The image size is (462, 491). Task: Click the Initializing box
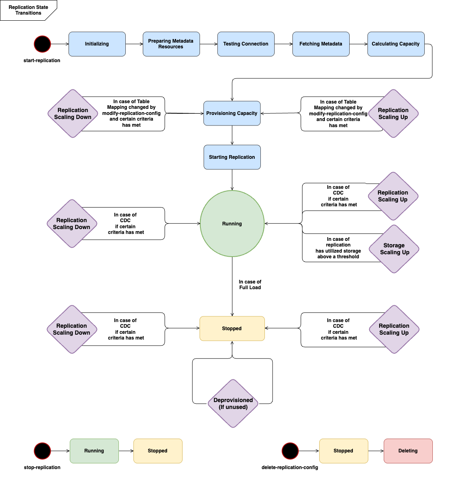(x=97, y=44)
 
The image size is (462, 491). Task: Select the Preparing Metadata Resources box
(x=171, y=44)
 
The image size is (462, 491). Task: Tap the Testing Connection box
(x=246, y=44)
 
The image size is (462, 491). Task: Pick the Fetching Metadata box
(x=321, y=44)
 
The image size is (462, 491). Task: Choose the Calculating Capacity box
(x=396, y=44)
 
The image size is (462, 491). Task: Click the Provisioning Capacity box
(x=232, y=113)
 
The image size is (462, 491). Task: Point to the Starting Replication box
(x=232, y=157)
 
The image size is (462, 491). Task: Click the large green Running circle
(x=232, y=223)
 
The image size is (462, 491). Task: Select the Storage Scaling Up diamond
(x=394, y=249)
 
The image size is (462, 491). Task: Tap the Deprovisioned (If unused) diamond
(x=233, y=403)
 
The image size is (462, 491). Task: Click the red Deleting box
(x=408, y=451)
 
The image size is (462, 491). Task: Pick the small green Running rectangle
(x=94, y=451)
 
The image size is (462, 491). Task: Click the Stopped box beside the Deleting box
(x=344, y=451)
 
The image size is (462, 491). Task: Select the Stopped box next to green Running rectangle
(x=158, y=451)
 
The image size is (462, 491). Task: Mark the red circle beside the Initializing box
(x=42, y=44)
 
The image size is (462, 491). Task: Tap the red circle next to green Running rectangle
(x=42, y=451)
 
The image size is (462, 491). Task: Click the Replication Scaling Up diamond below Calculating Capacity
(x=393, y=114)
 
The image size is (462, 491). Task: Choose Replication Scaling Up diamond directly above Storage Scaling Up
(x=393, y=196)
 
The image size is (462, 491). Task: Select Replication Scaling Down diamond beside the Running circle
(x=72, y=223)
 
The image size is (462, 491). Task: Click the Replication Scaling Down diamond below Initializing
(x=73, y=114)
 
